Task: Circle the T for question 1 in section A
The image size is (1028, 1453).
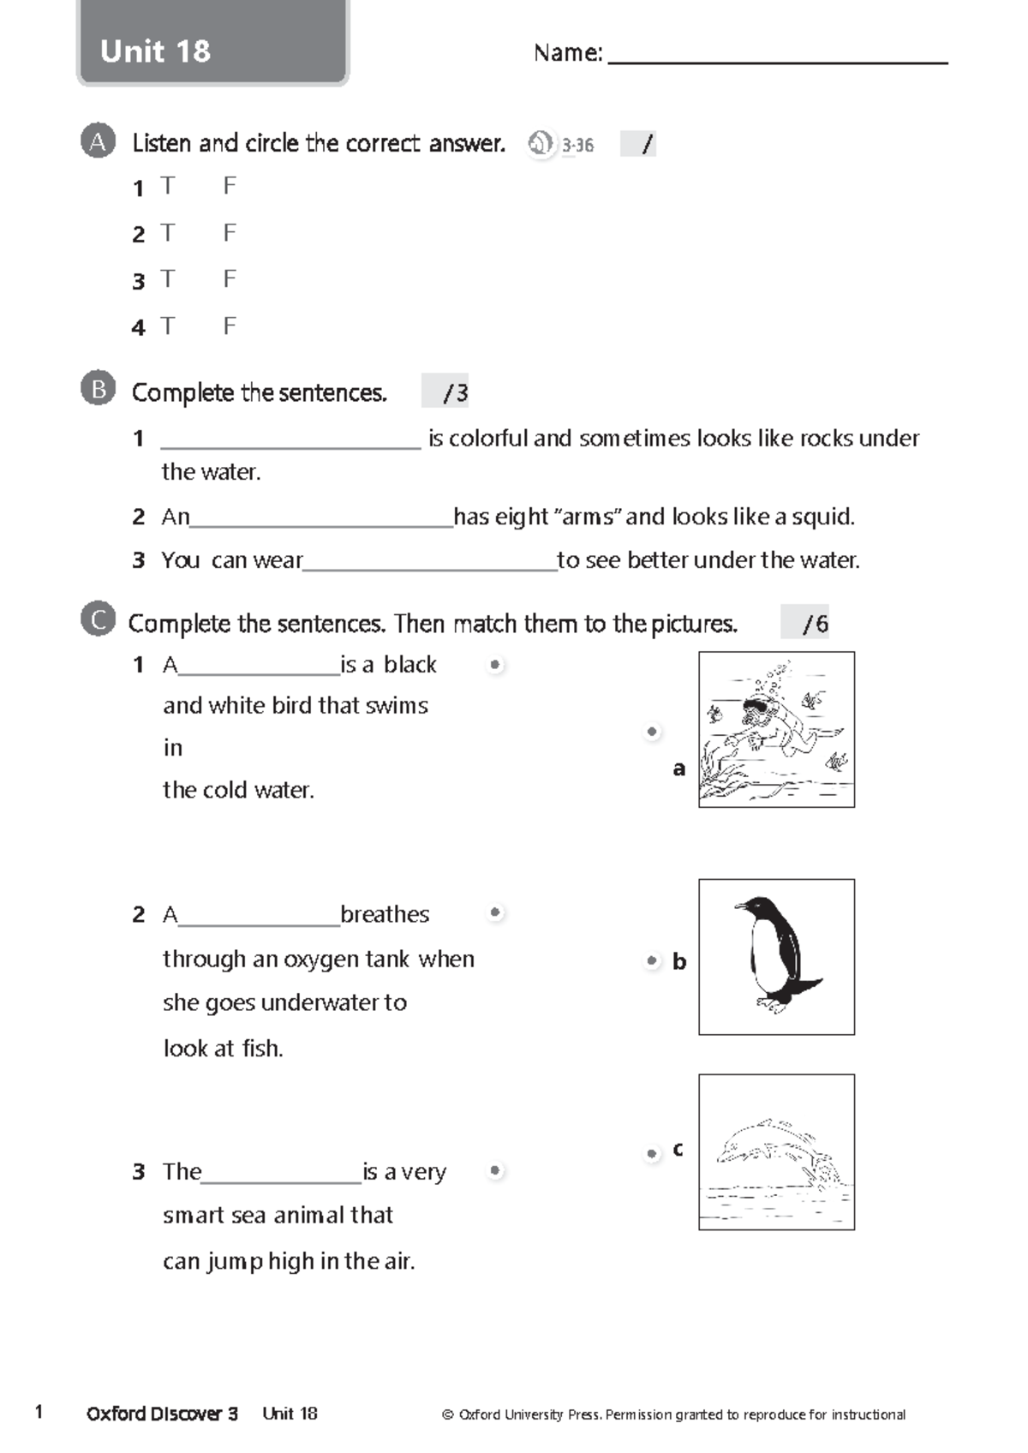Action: pyautogui.click(x=168, y=186)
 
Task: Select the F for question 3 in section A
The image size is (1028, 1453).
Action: pyautogui.click(x=229, y=279)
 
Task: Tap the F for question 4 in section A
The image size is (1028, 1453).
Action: pyautogui.click(x=229, y=326)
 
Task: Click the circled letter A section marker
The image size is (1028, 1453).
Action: pyautogui.click(x=98, y=142)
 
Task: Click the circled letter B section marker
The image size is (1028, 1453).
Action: pyautogui.click(x=98, y=390)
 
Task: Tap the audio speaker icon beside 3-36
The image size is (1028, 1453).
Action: pyautogui.click(x=541, y=144)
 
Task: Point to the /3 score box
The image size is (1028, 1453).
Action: pyautogui.click(x=446, y=392)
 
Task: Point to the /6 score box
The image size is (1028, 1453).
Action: pyautogui.click(x=805, y=623)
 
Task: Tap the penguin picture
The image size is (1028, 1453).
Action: pyautogui.click(x=776, y=956)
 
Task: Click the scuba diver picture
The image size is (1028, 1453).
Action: pyautogui.click(x=776, y=729)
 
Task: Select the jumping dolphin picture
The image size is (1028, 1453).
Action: pyautogui.click(x=776, y=1151)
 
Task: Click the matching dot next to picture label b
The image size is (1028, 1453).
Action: pyautogui.click(x=652, y=961)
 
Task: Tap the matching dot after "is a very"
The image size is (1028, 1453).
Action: pyautogui.click(x=495, y=1170)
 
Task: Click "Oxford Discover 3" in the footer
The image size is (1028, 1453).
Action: pyautogui.click(x=162, y=1414)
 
